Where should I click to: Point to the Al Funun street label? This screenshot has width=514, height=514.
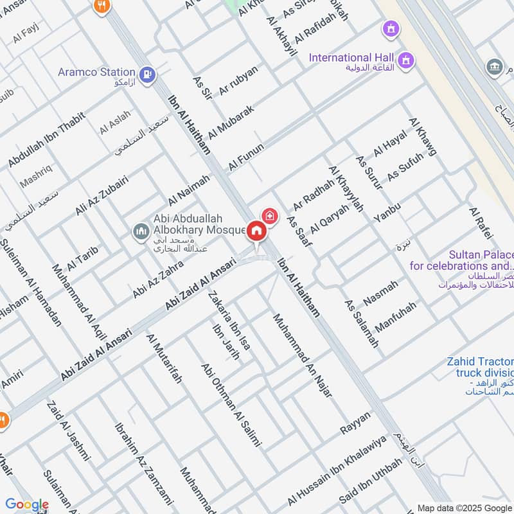246,157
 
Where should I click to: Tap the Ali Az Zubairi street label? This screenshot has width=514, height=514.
102,195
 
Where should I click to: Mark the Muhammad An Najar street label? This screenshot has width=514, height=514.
301,355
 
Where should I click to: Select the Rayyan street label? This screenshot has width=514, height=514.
355,422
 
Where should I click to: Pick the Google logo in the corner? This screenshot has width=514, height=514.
27,504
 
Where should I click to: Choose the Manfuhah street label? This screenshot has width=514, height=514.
396,316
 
